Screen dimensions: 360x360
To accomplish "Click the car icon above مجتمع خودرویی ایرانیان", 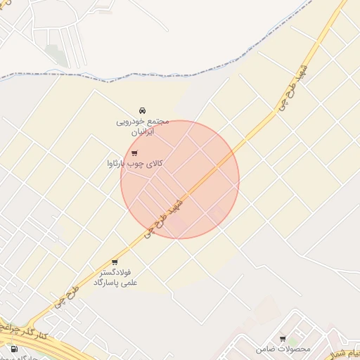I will tap(142, 110).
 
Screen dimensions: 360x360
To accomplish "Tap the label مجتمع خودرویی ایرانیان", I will tap(143, 126).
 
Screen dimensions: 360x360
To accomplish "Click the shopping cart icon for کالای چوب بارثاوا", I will tap(134, 153).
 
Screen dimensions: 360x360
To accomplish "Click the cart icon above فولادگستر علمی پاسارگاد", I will tap(115, 262).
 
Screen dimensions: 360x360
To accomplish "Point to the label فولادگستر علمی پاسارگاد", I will tap(116, 277).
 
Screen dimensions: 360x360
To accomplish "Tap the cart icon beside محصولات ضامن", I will tap(283, 338).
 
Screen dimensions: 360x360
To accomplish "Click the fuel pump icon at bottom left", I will tap(15, 349).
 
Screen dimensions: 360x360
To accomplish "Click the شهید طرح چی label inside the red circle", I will tap(167, 215).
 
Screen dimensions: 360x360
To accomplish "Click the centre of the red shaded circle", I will tap(180, 179).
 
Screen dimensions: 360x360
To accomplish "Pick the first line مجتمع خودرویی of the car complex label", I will tap(143, 121).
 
